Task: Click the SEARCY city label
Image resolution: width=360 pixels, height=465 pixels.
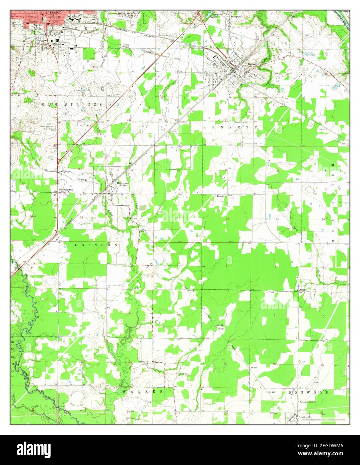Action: click(56, 12)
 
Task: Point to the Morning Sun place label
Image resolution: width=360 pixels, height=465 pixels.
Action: click(66, 190)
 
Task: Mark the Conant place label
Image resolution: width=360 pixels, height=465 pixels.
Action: click(219, 325)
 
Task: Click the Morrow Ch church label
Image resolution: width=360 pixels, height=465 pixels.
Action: click(222, 196)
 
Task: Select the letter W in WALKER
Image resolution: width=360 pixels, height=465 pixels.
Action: click(124, 391)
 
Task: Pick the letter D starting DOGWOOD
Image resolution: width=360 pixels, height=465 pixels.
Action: click(289, 392)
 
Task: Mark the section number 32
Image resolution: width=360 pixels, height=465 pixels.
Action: click(228, 218)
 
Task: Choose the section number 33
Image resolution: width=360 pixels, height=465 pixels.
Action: click(277, 219)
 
